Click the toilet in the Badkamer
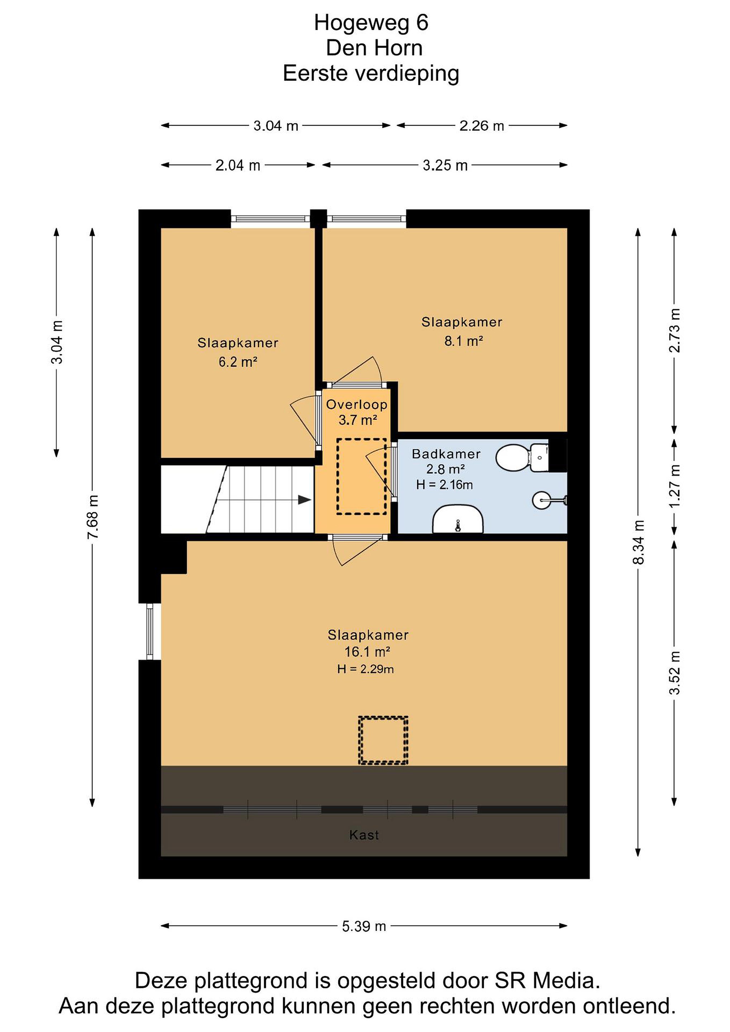(x=522, y=458)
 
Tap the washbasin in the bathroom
(x=458, y=519)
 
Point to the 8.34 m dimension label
(x=638, y=541)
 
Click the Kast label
(x=364, y=835)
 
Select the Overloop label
(x=357, y=404)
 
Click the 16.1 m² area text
(x=367, y=651)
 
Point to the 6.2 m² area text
(x=238, y=362)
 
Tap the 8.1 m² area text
(x=463, y=341)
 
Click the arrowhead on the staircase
(x=305, y=500)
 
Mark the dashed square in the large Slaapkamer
(x=383, y=740)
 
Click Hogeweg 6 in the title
(x=371, y=23)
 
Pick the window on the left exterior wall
(x=150, y=631)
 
